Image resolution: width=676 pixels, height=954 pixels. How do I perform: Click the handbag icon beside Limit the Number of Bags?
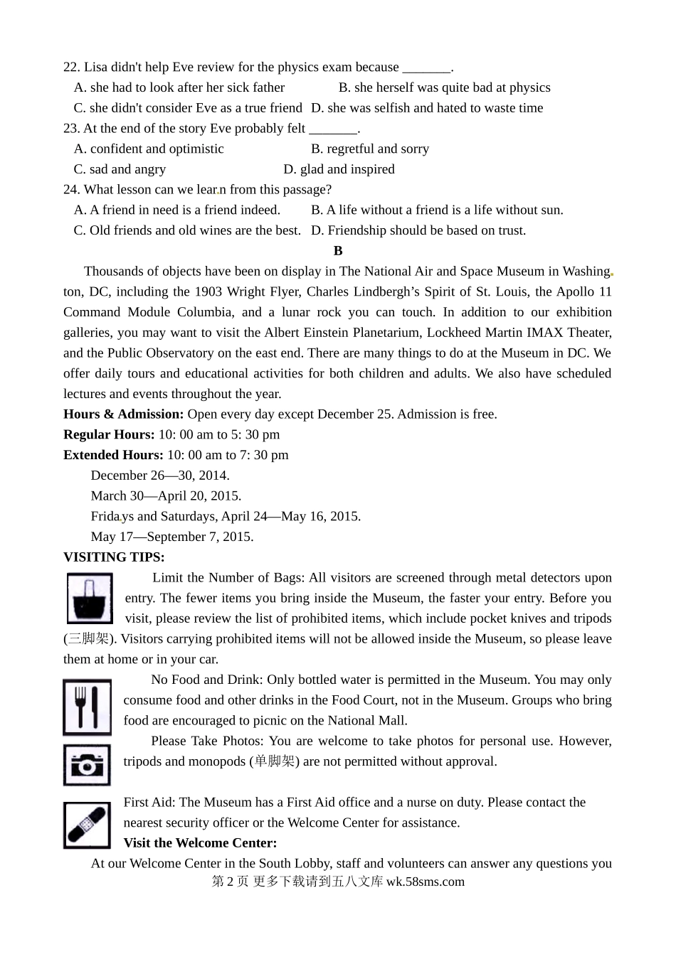click(x=90, y=599)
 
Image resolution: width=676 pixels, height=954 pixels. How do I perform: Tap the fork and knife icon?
click(x=87, y=707)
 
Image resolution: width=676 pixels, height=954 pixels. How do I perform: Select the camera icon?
click(x=87, y=765)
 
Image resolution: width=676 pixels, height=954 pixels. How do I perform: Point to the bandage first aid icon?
click(x=87, y=825)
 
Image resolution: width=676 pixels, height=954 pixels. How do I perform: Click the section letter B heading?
click(x=338, y=251)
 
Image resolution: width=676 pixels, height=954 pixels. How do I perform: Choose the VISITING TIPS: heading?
click(x=114, y=557)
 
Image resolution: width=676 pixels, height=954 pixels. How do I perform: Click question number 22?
click(x=71, y=68)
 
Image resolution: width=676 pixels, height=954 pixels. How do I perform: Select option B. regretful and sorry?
click(x=370, y=149)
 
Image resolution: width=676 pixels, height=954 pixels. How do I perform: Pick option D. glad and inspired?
click(x=339, y=170)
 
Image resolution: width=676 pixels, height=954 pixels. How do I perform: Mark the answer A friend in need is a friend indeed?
click(x=177, y=210)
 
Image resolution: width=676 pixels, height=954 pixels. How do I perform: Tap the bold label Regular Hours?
click(x=109, y=435)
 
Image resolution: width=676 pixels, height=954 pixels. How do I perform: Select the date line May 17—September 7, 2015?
click(x=172, y=537)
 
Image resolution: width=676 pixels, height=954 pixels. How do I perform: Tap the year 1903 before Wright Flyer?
click(x=208, y=292)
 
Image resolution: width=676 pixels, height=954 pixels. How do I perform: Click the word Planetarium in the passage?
click(x=360, y=333)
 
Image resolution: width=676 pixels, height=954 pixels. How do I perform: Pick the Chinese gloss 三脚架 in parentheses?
click(x=91, y=639)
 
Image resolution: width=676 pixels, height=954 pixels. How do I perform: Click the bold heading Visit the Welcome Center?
click(x=200, y=843)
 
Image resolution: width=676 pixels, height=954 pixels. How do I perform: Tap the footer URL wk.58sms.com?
click(x=426, y=882)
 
